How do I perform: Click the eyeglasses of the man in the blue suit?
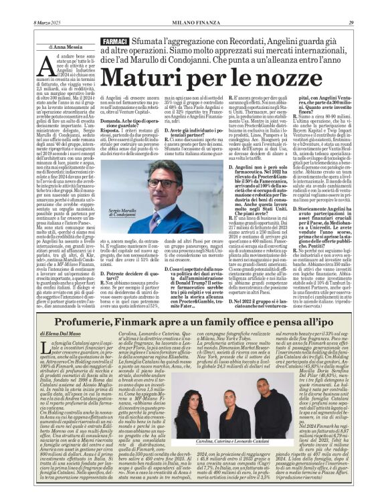pyautogui.click(x=161, y=182)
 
